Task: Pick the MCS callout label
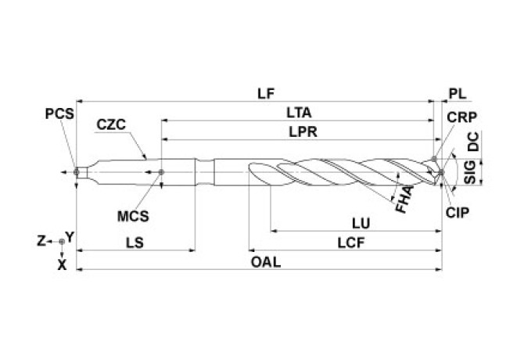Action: [135, 212]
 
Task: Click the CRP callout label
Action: [462, 117]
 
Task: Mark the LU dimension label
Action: [361, 222]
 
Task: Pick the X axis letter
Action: [62, 265]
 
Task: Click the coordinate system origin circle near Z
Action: [62, 242]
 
